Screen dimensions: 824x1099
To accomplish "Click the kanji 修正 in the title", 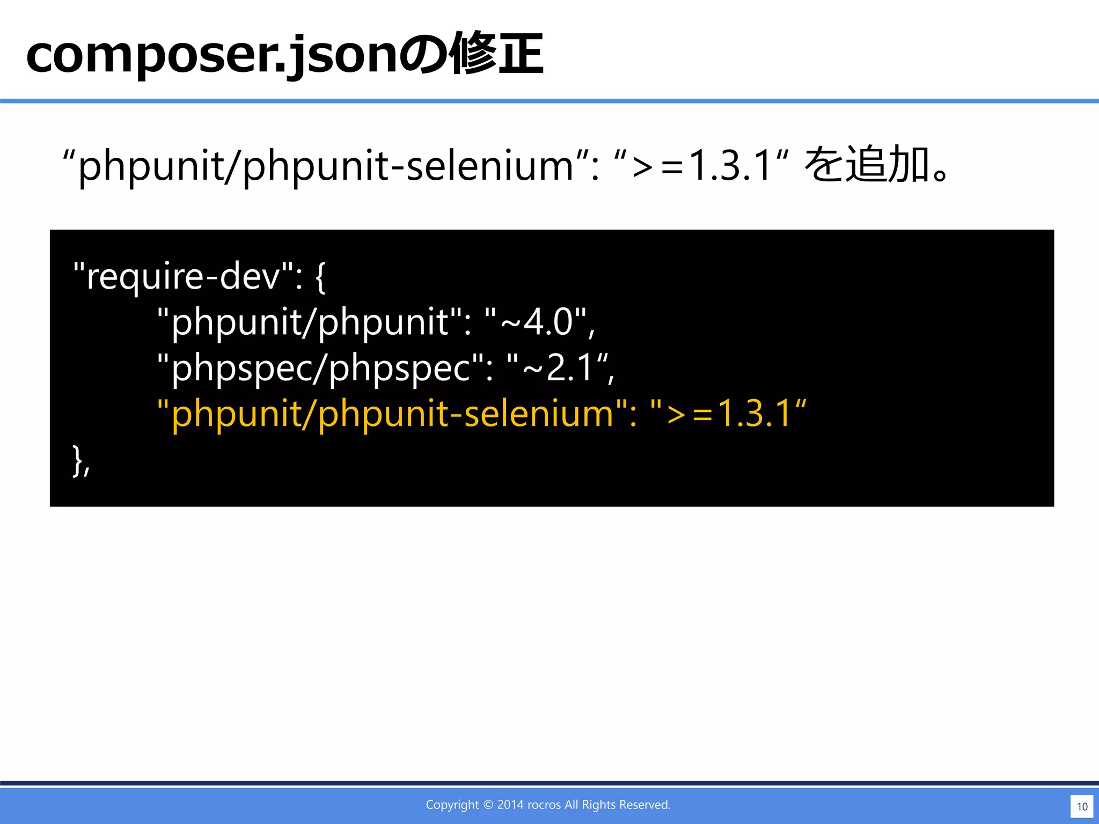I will (497, 55).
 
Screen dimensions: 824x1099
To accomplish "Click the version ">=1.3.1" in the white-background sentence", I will (702, 166).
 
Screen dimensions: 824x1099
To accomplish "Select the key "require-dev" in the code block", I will (183, 277).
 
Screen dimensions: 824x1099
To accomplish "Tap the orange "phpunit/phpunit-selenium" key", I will (392, 414).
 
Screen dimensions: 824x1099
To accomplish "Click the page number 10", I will (1082, 806).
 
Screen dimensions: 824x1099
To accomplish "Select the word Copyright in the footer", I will (452, 805).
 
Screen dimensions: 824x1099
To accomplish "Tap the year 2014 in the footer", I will (510, 805).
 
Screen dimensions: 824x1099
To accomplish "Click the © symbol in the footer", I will (488, 805).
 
